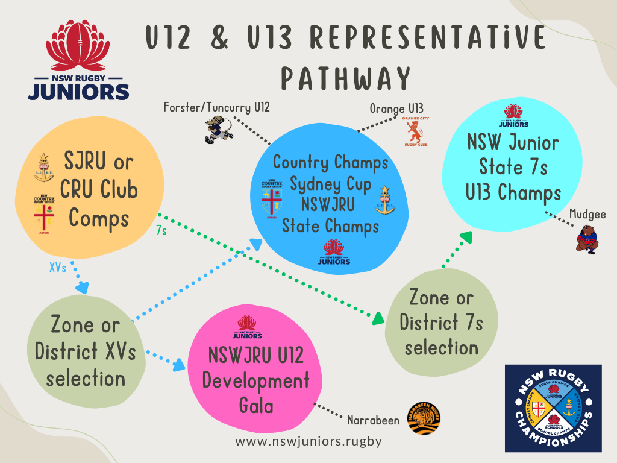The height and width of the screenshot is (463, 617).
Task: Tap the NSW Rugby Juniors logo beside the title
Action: pos(78,61)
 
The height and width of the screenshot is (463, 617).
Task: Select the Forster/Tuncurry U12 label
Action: pos(217,108)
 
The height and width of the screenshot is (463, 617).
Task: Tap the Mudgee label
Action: pos(587,213)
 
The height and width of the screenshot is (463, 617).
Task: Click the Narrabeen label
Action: pos(374,420)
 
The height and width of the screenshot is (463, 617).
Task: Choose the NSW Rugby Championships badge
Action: pos(553,408)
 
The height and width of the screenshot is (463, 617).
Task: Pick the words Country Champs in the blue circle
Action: pos(331,162)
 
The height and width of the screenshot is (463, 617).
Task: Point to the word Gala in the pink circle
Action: pos(256,405)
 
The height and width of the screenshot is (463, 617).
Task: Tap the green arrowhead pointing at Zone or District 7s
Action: pos(378,319)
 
